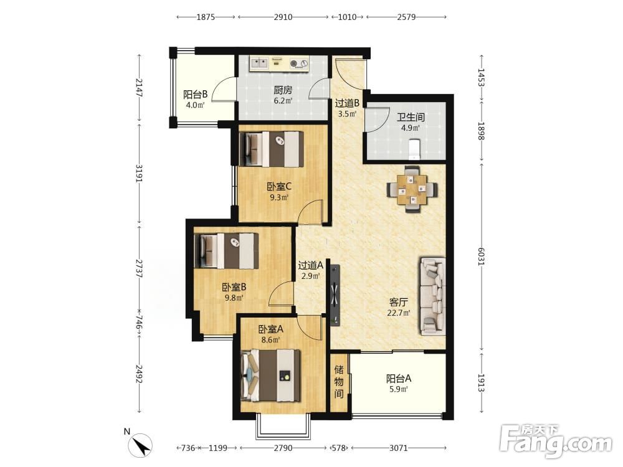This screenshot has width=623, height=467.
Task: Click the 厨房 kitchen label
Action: pos(282,90)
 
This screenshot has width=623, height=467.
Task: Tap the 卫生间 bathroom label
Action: pos(411,117)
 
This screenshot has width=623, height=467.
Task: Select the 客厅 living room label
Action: pos(399,302)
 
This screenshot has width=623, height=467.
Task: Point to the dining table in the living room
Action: pos(412,189)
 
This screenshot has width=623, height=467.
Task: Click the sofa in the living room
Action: pos(432,296)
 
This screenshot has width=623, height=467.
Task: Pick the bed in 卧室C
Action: pos(272,149)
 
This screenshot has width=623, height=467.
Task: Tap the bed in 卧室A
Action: pos(270,375)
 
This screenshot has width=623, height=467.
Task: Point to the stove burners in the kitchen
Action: pos(299,63)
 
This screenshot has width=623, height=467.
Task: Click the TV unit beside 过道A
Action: pos(335,295)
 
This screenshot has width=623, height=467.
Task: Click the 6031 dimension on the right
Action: pos(481,257)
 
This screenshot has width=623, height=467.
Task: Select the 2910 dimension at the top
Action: pos(283,17)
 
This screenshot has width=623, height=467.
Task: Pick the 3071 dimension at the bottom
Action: pos(398,448)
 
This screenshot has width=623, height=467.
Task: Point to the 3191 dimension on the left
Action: pos(139,173)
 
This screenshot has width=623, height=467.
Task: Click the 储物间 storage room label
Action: pos(339,382)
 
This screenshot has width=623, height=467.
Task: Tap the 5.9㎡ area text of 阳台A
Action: pos(399,389)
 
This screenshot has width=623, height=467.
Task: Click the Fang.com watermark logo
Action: pos(556,440)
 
